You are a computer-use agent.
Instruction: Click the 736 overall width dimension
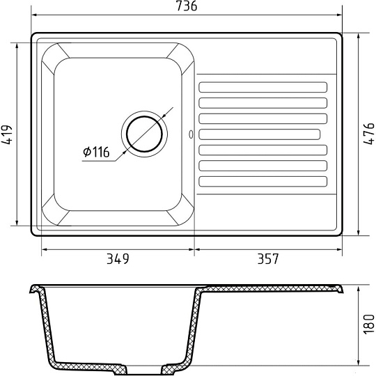coord(187,6)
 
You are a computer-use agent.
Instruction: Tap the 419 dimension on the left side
coord(7,134)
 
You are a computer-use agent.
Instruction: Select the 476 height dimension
coord(369,134)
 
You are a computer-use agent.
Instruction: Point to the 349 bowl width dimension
coord(118,259)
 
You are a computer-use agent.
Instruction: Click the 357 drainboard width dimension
coord(268,259)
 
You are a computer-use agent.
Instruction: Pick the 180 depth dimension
coord(369,324)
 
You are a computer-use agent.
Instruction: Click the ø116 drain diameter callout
coord(96,152)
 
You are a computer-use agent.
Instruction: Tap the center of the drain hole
coord(144,134)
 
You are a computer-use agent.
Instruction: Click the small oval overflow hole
coord(191,134)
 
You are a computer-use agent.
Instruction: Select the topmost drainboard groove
coord(263,87)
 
